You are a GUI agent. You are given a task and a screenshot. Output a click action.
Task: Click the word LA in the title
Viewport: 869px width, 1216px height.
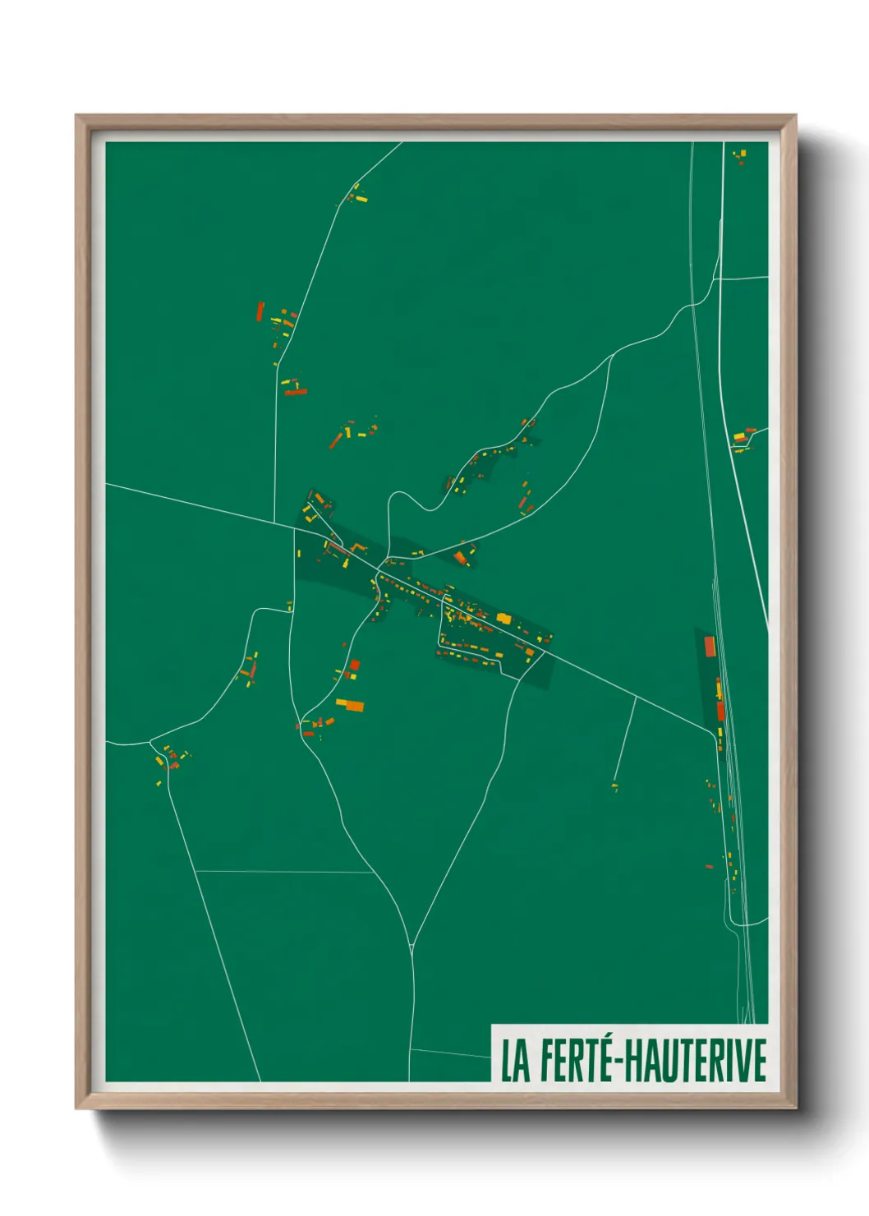click(516, 1061)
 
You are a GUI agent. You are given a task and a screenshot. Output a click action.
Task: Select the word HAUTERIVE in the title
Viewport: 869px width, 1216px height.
click(697, 1061)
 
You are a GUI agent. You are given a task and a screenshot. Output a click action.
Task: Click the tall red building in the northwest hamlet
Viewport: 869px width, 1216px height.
click(260, 311)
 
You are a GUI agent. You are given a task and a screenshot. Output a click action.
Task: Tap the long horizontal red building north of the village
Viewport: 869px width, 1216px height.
click(295, 393)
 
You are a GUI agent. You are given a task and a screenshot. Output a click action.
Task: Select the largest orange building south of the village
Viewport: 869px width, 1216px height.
click(349, 704)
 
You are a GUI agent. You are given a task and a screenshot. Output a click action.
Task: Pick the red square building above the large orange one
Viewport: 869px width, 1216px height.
click(354, 665)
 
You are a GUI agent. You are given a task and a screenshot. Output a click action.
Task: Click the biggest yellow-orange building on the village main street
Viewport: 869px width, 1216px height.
click(503, 619)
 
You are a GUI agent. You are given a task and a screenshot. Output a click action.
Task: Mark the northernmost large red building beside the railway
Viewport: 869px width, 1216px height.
click(710, 646)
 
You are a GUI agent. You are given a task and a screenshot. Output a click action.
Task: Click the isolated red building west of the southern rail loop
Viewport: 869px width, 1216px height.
click(709, 866)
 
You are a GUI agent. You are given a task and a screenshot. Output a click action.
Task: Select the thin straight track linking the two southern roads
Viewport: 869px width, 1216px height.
click(283, 872)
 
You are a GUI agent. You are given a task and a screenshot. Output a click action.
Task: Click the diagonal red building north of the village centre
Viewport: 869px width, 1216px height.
click(334, 441)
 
